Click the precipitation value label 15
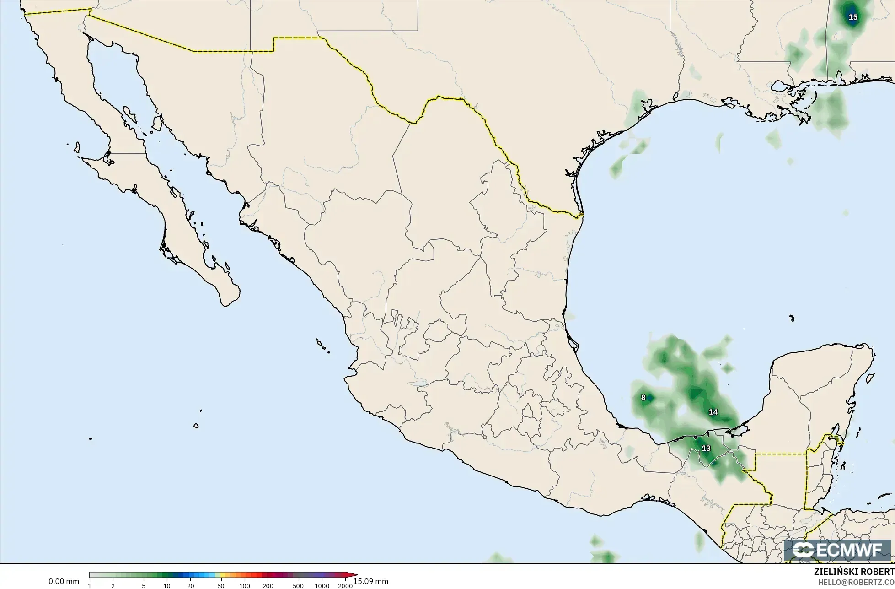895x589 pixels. pos(853,17)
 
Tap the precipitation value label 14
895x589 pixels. pos(713,412)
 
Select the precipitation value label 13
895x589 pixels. pos(706,448)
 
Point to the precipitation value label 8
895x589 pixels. pos(643,397)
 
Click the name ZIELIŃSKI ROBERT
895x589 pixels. pos(854,572)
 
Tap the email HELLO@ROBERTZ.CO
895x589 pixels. pos(857,582)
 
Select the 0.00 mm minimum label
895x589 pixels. pos(64,581)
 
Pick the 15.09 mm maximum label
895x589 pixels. pos(371,581)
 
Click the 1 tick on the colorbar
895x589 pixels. pos(90,586)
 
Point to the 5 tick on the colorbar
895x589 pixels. pos(144,586)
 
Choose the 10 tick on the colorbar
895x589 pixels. pos(167,586)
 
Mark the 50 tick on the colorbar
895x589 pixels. pos(221,586)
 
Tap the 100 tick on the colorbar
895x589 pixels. pos(244,586)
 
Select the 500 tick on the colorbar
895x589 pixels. pos(298,586)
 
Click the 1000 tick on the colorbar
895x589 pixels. pos(322,586)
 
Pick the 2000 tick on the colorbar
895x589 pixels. pos(345,586)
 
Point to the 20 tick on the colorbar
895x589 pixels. pos(190,586)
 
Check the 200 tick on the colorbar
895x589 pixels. pos(268,586)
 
